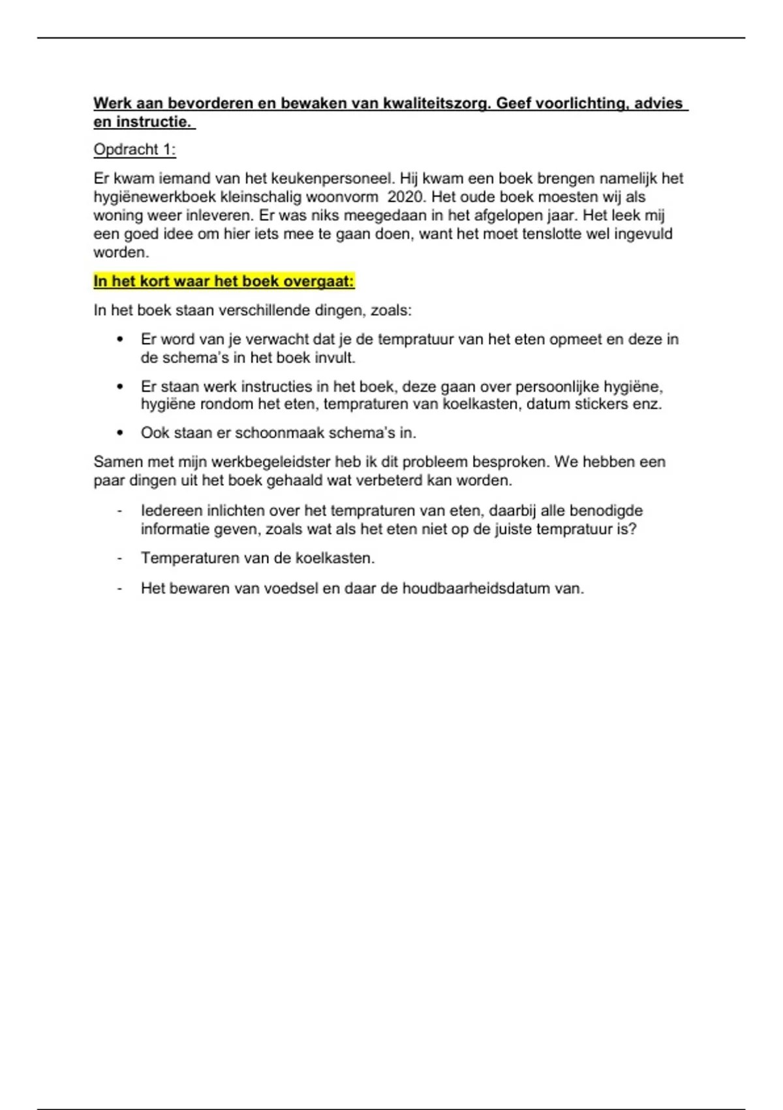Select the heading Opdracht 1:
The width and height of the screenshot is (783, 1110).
[x=134, y=150]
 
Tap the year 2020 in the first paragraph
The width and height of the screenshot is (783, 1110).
[x=405, y=197]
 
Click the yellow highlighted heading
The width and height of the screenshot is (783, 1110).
[x=224, y=281]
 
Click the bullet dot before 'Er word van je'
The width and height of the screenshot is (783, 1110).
[x=119, y=340]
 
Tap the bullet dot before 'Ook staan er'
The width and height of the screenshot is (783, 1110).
[x=119, y=433]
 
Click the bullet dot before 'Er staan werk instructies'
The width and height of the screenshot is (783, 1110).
[x=119, y=387]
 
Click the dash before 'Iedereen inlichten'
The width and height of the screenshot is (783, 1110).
[x=119, y=511]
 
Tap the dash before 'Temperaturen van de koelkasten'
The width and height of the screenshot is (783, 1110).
[x=119, y=558]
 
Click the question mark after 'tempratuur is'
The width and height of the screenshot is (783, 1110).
[x=632, y=529]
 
